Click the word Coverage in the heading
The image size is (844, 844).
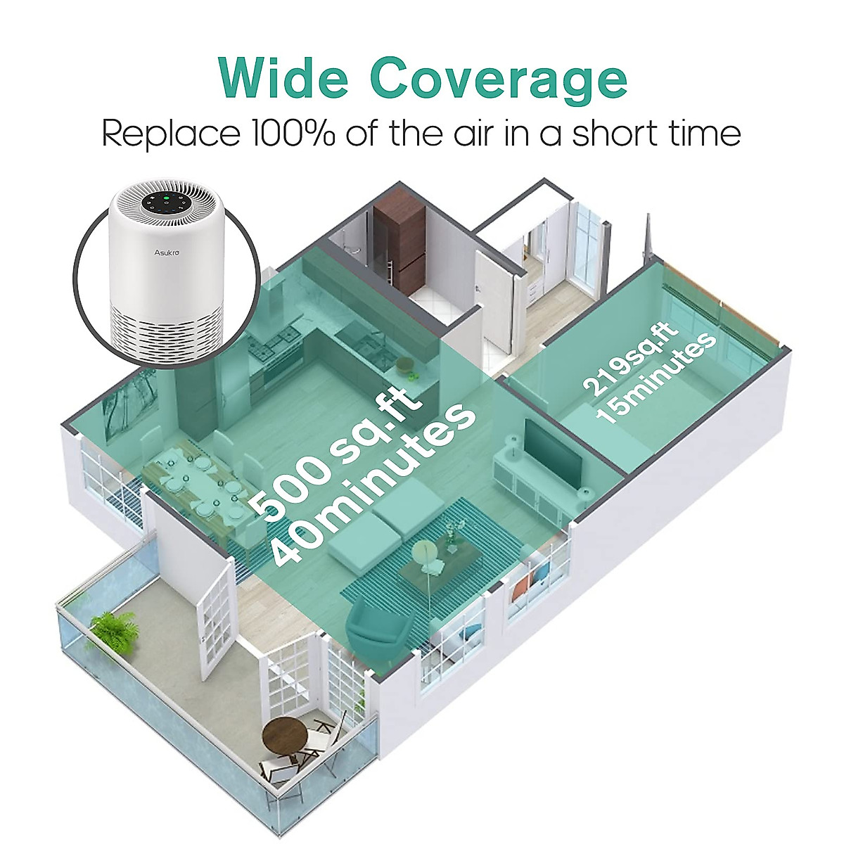point(499,79)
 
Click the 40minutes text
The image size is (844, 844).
point(371,485)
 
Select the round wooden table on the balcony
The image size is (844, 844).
point(284,738)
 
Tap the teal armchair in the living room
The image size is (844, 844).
point(376,626)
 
